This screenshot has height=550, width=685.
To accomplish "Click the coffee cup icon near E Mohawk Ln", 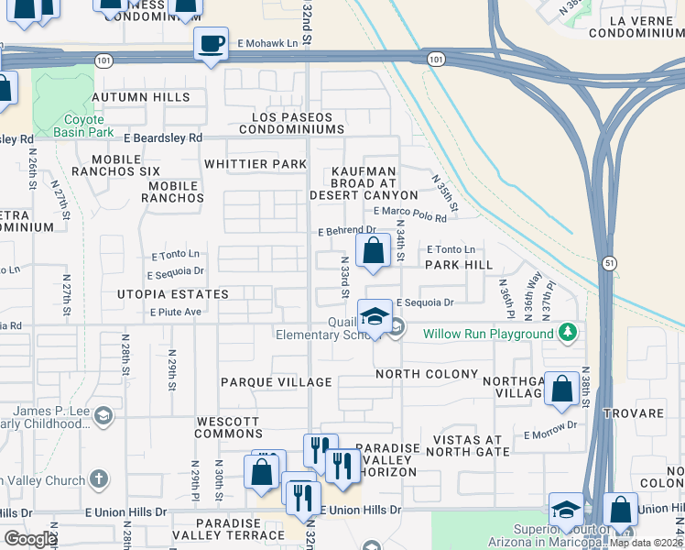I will (211, 44).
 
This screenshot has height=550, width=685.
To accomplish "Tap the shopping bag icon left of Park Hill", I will (373, 251).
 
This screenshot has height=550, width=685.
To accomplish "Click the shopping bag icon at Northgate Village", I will (561, 388).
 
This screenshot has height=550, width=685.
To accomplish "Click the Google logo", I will (30, 538).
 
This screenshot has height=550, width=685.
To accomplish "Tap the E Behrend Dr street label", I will (347, 232).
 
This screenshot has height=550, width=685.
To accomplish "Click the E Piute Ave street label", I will (175, 312).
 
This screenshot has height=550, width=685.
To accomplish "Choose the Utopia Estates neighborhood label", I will (172, 294).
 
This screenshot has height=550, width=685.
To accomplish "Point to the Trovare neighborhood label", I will (652, 413).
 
